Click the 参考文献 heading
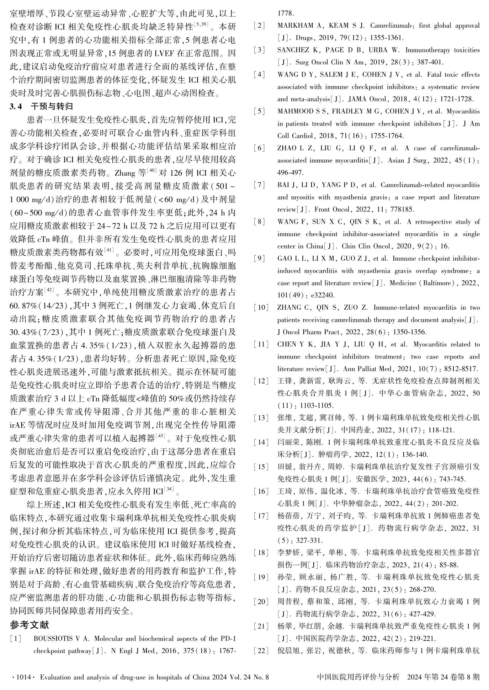tap(30, 625)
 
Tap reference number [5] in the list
tap(259, 111)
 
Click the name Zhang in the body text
tap(124, 173)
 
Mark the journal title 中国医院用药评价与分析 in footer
tap(358, 677)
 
